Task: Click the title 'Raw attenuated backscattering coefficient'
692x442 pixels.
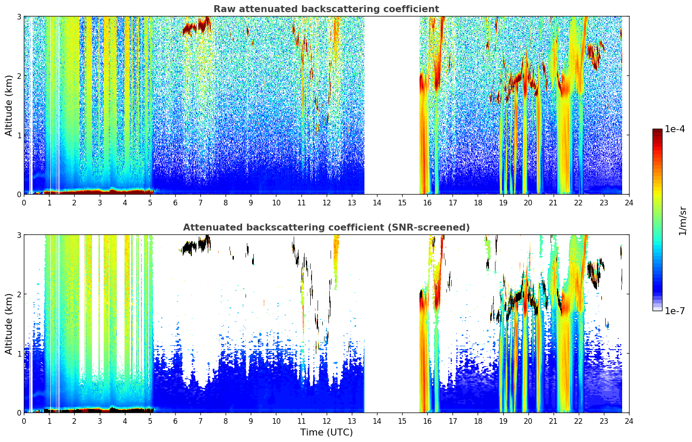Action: (326, 9)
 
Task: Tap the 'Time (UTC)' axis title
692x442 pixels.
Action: (326, 432)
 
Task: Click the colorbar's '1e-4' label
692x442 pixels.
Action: (675, 129)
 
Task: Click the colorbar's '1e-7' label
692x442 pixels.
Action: (675, 311)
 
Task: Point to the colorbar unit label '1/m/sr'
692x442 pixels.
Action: (683, 221)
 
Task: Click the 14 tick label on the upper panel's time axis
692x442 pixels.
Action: (377, 203)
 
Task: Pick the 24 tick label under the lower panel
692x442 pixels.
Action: (629, 421)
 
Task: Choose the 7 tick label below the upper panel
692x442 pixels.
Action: (200, 203)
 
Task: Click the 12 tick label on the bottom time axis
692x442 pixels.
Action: (327, 421)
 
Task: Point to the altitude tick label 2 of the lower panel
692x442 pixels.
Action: (19, 294)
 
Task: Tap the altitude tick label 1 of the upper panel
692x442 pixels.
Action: (19, 135)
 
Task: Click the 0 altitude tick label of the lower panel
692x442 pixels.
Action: (19, 413)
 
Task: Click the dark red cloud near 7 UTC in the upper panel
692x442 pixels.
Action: (202, 25)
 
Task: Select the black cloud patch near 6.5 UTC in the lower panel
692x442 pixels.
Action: (189, 247)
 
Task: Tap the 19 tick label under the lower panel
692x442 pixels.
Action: (503, 421)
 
